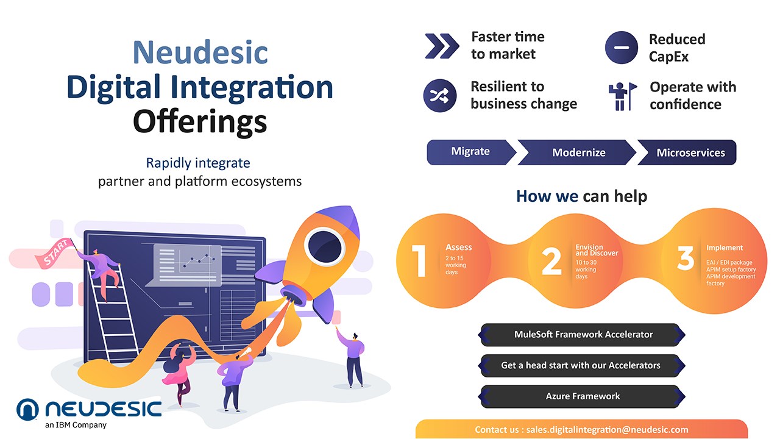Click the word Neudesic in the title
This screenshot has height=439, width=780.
click(200, 52)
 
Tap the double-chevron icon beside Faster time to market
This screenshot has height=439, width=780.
click(442, 46)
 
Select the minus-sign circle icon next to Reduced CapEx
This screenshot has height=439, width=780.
click(622, 48)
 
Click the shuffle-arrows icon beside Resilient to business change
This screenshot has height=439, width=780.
click(440, 96)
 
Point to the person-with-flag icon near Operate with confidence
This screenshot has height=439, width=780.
click(623, 96)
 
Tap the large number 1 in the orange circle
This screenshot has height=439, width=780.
click(419, 260)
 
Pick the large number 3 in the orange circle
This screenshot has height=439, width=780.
click(686, 258)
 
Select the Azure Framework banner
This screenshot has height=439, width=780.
click(582, 396)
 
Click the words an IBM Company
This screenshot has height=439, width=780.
click(76, 425)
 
